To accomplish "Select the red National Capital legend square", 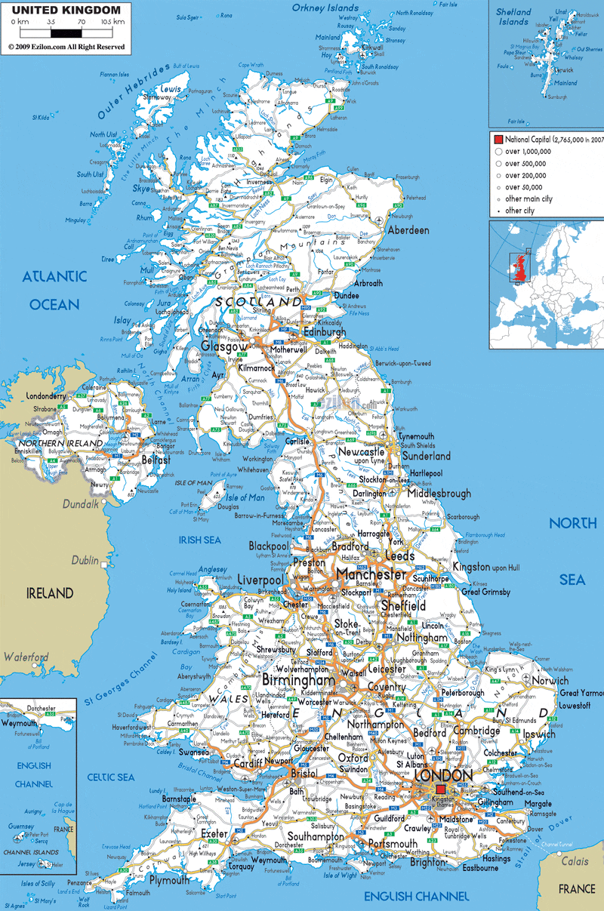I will click(x=498, y=140).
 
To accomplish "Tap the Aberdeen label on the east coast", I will click(x=408, y=230).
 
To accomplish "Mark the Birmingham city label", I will click(x=297, y=681).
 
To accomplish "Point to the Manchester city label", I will click(x=371, y=574).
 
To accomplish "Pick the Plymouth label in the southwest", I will click(x=169, y=880).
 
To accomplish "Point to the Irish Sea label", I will click(x=199, y=540).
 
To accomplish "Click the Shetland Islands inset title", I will click(x=514, y=17).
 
